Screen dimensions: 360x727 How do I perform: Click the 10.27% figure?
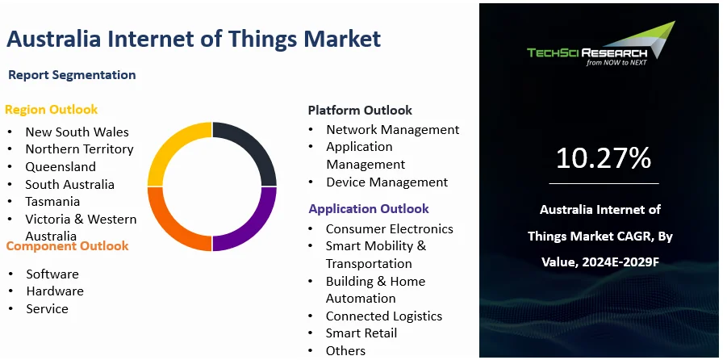[x=603, y=158]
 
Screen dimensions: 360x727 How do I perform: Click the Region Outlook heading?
[x=51, y=109]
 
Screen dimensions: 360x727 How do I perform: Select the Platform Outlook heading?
[x=360, y=110]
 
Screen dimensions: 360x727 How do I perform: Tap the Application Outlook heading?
[x=369, y=208]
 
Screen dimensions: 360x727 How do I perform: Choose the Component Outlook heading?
[x=67, y=245]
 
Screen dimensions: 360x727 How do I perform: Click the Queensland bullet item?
[x=61, y=166]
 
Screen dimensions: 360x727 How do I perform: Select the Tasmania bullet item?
[x=52, y=201]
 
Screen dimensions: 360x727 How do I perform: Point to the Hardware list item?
[x=55, y=291]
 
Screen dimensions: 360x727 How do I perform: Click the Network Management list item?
[x=392, y=129]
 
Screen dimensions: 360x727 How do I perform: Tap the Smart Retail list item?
[x=361, y=333]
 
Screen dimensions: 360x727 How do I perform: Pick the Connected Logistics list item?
[x=384, y=316]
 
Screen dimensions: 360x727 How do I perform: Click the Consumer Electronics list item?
[x=390, y=228]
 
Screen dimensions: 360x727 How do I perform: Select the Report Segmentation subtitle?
[x=72, y=75]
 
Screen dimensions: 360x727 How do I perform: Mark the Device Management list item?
[x=386, y=182]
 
